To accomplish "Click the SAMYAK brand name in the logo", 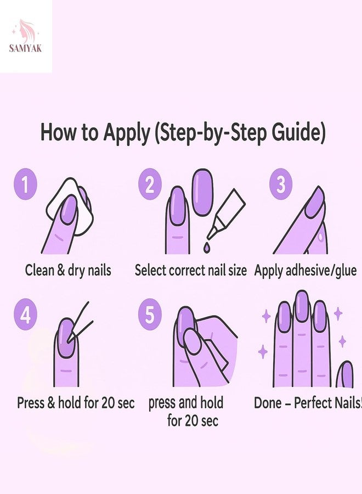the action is pos(25,48).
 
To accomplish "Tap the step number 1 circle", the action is pos(25,184).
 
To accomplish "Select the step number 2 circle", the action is pos(150,184).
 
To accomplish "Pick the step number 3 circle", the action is pos(281,184).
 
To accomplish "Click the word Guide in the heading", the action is pos(298,132).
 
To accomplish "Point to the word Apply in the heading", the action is pos(127,133).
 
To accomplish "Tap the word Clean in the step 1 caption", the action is pos(39,270).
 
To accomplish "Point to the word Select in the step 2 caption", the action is pos(150,270).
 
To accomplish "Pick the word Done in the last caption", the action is pos(268,403).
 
